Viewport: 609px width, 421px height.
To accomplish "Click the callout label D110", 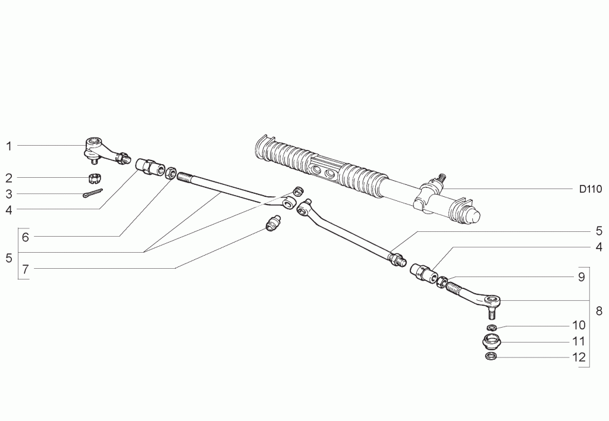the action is coord(591,189).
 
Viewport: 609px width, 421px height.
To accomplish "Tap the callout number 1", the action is coord(9,146).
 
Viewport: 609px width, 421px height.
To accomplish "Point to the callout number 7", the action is coord(26,269).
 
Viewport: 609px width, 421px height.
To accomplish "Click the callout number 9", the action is coord(581,277).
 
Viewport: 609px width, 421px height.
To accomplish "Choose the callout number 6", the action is coord(26,237).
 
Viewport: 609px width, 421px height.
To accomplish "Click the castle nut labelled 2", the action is coord(93,178).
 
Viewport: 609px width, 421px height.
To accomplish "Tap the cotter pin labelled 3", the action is coord(92,193).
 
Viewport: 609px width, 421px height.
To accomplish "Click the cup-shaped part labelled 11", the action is coord(492,341).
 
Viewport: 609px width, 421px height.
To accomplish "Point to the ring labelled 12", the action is coord(491,356).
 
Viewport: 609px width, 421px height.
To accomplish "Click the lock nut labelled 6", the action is coord(171,173).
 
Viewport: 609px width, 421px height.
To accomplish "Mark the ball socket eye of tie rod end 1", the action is coord(93,142).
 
